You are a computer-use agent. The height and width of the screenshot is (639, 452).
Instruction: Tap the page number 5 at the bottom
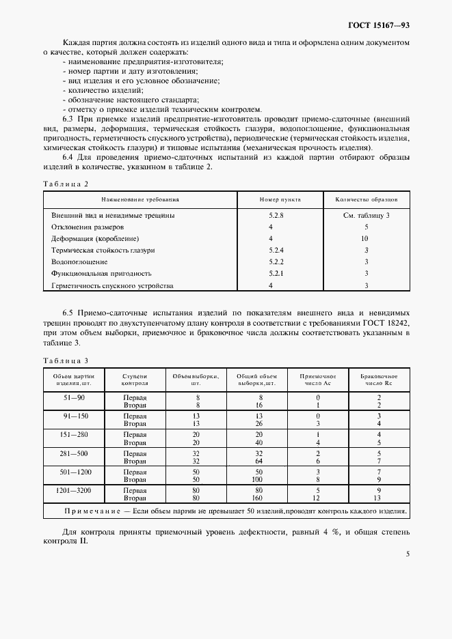click(408, 554)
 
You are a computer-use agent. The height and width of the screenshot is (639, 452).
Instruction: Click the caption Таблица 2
click(66, 184)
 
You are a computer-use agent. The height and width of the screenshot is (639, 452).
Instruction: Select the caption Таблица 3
click(66, 360)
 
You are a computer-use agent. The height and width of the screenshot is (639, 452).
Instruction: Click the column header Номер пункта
click(280, 199)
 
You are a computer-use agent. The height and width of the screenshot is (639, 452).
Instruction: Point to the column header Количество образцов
click(366, 199)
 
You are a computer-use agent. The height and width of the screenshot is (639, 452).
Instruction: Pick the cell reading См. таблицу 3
click(366, 215)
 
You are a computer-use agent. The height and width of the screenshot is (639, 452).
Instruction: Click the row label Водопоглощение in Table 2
click(79, 261)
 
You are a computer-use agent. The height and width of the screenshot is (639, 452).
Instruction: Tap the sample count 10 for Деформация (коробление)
click(365, 238)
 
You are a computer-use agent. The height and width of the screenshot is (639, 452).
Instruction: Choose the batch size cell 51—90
click(74, 397)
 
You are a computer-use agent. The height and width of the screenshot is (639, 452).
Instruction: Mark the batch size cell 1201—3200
click(74, 489)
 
